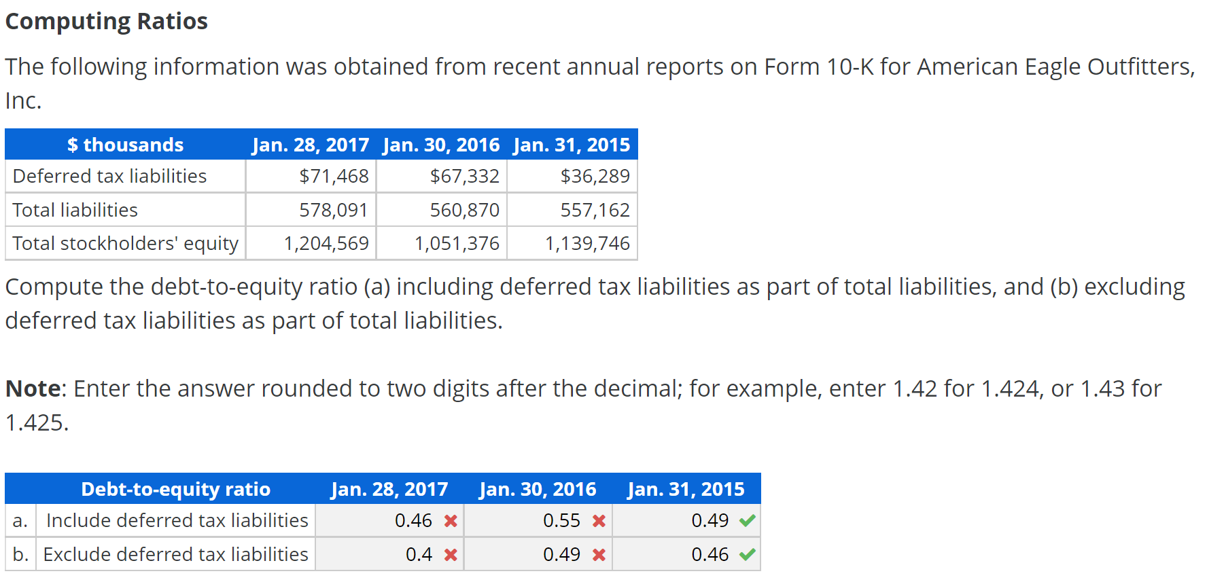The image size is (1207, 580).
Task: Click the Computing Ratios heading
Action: [106, 22]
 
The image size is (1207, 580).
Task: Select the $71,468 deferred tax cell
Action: [334, 177]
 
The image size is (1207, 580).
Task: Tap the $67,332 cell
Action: [464, 177]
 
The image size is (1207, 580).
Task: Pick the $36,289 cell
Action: [595, 177]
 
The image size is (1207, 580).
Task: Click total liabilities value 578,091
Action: [333, 211]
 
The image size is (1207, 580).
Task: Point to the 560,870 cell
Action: [464, 211]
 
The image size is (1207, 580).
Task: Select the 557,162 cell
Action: [595, 211]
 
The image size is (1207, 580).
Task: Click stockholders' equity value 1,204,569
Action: [326, 244]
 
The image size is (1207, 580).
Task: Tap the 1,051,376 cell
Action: [457, 244]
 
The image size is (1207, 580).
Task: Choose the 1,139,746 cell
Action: [587, 244]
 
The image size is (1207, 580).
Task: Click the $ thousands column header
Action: [125, 145]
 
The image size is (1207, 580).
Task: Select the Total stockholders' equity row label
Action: [125, 244]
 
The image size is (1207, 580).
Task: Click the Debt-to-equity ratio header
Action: [175, 490]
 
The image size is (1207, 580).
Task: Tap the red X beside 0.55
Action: [599, 521]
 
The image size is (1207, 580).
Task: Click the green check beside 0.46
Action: [748, 555]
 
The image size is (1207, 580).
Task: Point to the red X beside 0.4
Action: [451, 555]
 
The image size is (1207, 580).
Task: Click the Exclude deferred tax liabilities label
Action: [175, 555]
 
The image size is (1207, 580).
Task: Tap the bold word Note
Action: [33, 389]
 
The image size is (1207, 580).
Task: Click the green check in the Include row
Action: [748, 521]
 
